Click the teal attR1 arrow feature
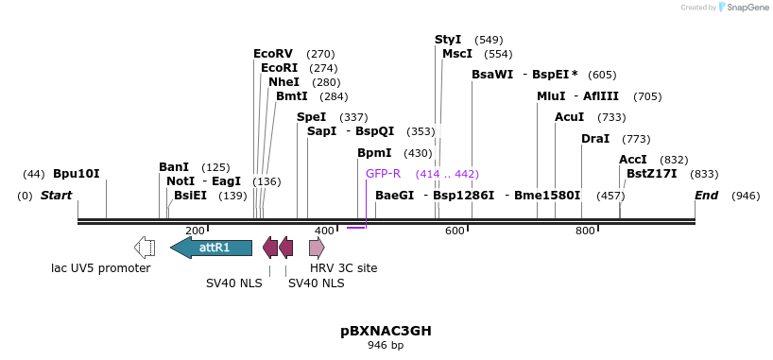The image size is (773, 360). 212,248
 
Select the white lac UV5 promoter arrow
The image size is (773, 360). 145,248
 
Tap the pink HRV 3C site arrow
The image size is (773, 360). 317,248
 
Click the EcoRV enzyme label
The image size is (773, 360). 273,54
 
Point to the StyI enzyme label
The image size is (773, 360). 448,40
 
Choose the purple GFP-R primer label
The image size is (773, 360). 383,174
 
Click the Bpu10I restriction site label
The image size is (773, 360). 76,174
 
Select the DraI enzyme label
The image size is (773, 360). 595,139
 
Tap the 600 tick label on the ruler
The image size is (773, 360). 455,231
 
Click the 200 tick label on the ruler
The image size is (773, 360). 195,231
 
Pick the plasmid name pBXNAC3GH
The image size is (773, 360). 386,331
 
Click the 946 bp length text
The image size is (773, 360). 386,346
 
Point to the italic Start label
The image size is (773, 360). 56,196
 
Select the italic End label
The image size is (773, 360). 706,196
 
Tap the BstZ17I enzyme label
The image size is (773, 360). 652,174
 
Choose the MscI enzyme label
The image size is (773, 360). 457,54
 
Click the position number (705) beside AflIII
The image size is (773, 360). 647,96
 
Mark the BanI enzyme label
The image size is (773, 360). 174,167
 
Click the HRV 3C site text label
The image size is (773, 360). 344,268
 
